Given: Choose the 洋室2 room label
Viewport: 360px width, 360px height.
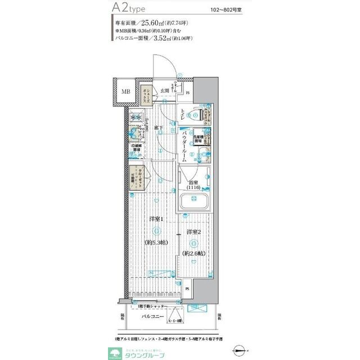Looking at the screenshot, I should [194, 232].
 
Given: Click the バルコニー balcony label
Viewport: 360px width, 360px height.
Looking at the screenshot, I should [152, 317].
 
